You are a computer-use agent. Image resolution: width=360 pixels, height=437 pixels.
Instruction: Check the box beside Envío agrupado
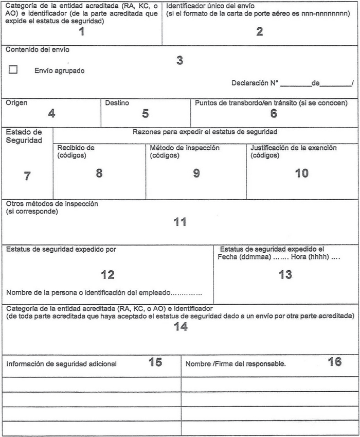[13, 70]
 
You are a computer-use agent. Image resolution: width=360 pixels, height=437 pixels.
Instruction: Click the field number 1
[81, 32]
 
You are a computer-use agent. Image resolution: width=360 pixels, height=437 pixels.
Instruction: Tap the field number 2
[260, 32]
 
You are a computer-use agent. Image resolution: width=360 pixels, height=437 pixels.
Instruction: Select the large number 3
[179, 60]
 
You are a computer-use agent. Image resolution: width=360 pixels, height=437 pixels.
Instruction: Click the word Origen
[17, 103]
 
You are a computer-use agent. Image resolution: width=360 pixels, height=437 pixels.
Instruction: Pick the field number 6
[274, 113]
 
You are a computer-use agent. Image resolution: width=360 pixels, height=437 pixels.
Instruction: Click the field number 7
[27, 176]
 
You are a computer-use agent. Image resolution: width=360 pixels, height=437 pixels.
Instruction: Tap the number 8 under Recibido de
[99, 173]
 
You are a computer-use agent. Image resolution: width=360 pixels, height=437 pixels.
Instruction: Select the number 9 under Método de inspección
[196, 173]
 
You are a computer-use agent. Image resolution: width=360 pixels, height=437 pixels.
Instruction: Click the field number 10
[301, 173]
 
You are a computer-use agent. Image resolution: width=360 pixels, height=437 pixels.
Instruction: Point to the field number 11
[180, 222]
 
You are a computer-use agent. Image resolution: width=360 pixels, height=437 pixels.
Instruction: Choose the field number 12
[108, 274]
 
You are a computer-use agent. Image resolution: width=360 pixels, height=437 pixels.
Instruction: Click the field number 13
[285, 274]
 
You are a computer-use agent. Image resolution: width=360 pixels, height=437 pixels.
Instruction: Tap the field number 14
[181, 327]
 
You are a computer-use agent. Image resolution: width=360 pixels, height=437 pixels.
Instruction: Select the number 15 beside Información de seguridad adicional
[155, 362]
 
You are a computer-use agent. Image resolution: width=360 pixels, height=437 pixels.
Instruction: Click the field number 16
[335, 362]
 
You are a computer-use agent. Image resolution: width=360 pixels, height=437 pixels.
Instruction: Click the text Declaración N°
[255, 83]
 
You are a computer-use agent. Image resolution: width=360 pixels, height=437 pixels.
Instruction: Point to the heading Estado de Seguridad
[24, 136]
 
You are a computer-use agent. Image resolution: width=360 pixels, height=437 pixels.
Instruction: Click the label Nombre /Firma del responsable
[236, 364]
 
